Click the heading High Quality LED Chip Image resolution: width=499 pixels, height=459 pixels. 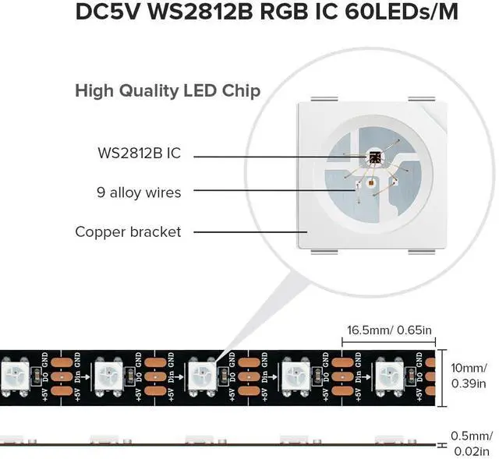click(168, 90)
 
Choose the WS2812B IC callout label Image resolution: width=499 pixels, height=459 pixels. click(140, 154)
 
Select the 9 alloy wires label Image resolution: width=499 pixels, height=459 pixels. click(140, 192)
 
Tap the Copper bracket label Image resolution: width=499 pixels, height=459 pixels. click(128, 231)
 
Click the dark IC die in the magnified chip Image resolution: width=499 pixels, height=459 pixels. click(373, 158)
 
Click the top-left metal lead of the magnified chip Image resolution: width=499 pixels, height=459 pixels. click(320, 99)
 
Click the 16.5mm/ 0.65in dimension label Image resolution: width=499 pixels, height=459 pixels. click(390, 330)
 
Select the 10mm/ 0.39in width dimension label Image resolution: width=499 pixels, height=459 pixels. click(472, 375)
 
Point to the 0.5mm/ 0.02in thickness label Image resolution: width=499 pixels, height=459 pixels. click(472, 442)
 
